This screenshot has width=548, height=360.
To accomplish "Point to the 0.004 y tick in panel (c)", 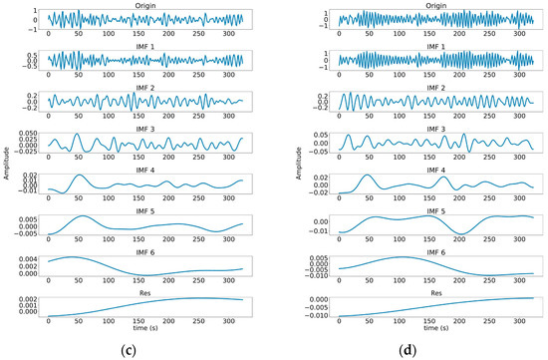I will click(23, 257).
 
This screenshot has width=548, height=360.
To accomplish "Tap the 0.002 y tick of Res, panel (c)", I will click(23, 297).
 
